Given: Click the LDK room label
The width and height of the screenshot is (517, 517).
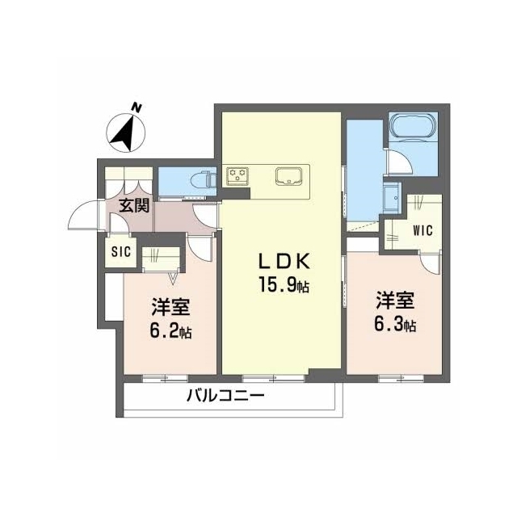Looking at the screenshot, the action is (x=284, y=262).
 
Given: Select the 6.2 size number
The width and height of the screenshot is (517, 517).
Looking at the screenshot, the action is (x=164, y=331).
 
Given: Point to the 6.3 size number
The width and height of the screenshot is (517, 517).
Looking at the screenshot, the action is (x=388, y=324).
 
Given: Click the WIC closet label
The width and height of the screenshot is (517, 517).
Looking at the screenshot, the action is (x=422, y=230).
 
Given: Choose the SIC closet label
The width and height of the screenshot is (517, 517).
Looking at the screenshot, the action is (x=121, y=252).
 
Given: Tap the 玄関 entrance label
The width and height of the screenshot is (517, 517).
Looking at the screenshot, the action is (x=134, y=206).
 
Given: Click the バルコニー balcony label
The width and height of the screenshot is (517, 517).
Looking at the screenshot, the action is (x=225, y=395).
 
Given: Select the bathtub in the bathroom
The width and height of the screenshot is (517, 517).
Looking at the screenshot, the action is (x=413, y=126).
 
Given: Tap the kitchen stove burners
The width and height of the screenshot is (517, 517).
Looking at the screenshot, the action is (x=237, y=176).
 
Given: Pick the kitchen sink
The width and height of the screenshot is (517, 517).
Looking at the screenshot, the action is (x=289, y=176).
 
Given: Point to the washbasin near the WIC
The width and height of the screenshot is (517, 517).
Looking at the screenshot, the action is (x=392, y=197).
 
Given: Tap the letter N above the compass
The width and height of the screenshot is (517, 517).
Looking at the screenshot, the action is (x=137, y=107).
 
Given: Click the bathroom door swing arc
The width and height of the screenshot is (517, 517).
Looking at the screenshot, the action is (x=400, y=162).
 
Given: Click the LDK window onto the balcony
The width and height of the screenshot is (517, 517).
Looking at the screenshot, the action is (x=273, y=379).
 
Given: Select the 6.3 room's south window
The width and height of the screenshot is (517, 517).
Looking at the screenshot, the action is (x=401, y=379).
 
